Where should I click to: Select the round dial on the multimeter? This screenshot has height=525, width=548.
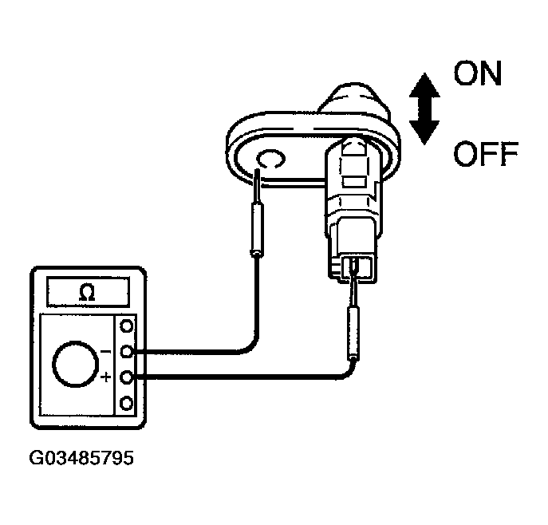point(75,365)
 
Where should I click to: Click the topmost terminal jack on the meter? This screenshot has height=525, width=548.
point(125,326)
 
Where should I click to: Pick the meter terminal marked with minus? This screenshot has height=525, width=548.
point(125,350)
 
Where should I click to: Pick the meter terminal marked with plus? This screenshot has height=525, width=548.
point(125,376)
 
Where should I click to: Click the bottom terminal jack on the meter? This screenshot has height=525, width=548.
point(125,402)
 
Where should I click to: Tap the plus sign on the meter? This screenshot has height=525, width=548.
point(107,376)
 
